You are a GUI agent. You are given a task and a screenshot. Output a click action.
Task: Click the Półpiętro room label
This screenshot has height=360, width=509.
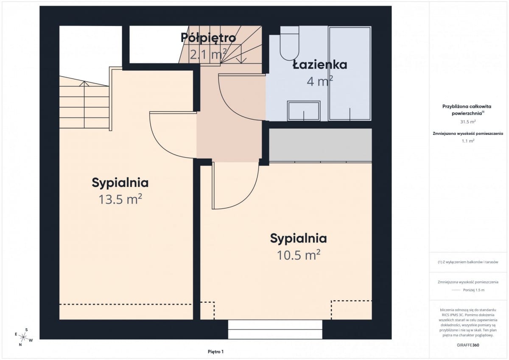coord(208,38)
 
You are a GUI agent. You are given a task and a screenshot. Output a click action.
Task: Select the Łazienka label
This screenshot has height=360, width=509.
coord(320,65)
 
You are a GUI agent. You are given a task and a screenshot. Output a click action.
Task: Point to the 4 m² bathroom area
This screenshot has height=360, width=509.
coord(320,81)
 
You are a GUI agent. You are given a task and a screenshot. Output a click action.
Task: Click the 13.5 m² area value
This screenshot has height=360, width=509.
coord(120,199)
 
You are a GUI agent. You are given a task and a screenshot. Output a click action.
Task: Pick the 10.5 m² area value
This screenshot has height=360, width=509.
coord(299,255)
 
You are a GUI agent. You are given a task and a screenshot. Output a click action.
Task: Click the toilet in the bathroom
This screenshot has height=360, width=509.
coord(289,43)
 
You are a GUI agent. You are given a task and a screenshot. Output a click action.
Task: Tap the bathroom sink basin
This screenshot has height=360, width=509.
coord(304,111)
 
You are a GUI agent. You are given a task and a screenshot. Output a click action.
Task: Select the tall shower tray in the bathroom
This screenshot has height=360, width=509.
coord(350,74)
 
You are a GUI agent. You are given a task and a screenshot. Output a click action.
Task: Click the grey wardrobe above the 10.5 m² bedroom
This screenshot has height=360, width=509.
coord(320,145)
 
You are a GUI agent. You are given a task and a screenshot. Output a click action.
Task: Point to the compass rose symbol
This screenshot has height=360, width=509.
coord(23,337)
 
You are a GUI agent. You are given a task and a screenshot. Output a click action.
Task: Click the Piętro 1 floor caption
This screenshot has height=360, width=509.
coord(215,352)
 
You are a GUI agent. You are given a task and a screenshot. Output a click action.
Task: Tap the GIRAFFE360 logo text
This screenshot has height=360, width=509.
coord(468,345)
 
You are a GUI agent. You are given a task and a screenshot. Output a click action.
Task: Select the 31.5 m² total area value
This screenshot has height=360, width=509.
coord(468,122)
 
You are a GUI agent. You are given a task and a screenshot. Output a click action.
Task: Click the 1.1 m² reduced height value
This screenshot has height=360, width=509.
coord(468,141)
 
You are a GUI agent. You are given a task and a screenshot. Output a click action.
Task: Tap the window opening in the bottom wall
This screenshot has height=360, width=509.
coord(275,329)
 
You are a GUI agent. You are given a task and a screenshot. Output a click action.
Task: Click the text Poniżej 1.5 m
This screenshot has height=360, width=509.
coord(474,290)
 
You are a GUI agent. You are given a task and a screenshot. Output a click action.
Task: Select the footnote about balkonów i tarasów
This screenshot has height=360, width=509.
coord(468,262)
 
